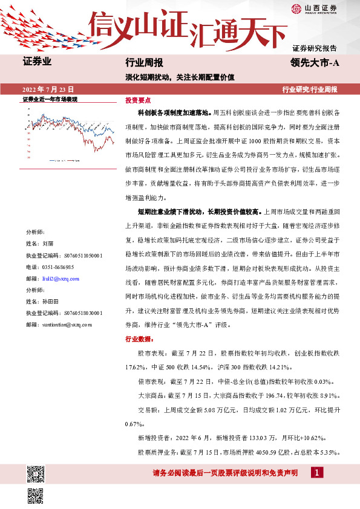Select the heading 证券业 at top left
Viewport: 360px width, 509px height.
point(37,62)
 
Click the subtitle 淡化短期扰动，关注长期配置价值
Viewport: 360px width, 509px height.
point(180,77)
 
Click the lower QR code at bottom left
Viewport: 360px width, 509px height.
point(35,496)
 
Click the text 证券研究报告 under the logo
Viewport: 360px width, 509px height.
point(315,48)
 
